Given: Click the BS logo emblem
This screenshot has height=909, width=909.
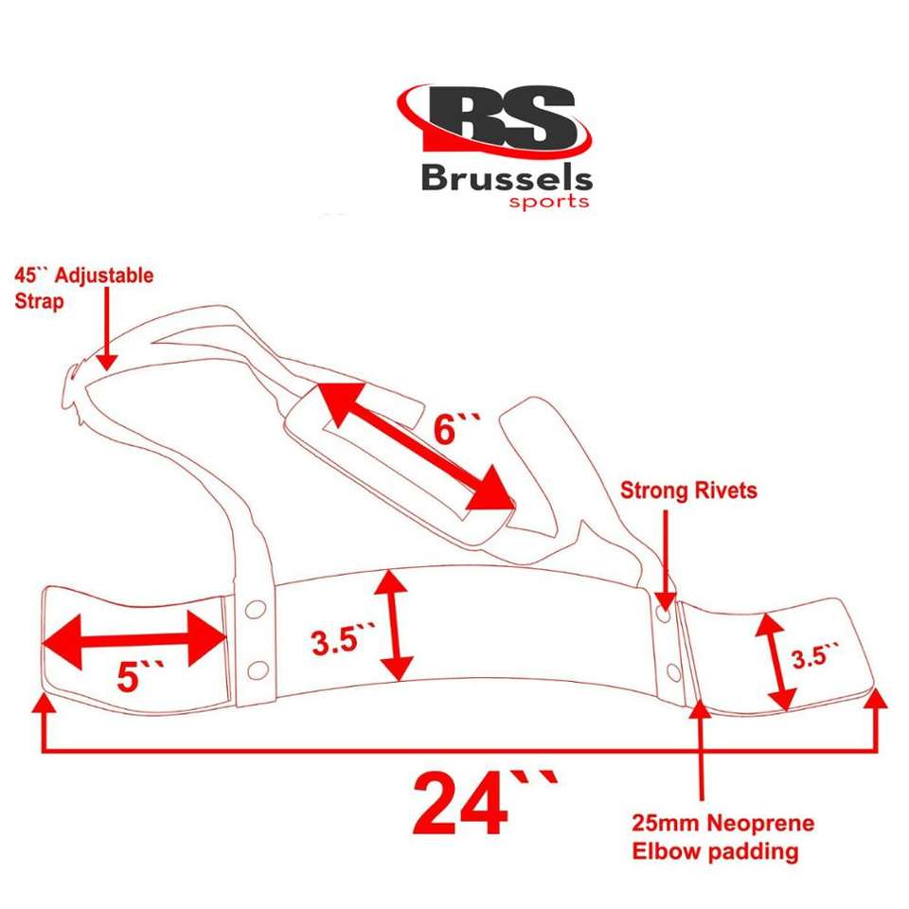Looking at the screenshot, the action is (x=494, y=120).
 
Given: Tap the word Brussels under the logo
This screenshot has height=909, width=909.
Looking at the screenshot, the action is (x=507, y=179).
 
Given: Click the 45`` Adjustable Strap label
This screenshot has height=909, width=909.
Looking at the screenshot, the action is (x=83, y=286).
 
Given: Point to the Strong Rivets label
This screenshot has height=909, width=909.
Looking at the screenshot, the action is (x=688, y=490).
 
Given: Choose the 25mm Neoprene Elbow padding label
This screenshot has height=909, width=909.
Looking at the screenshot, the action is (x=722, y=837).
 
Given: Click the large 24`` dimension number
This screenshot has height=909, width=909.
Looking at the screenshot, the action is (x=483, y=800).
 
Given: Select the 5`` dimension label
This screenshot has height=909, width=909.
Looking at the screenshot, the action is (x=140, y=676).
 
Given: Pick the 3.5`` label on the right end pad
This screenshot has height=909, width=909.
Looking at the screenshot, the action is (x=814, y=654).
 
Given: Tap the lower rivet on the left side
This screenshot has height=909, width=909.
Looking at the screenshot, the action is (x=254, y=670).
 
